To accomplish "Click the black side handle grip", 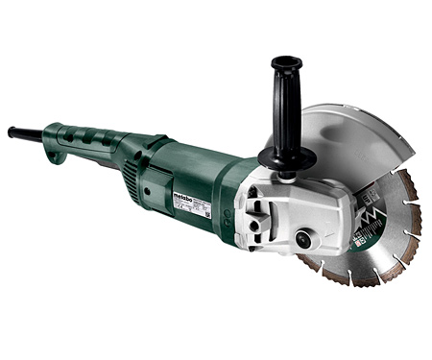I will (x=285, y=106).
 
